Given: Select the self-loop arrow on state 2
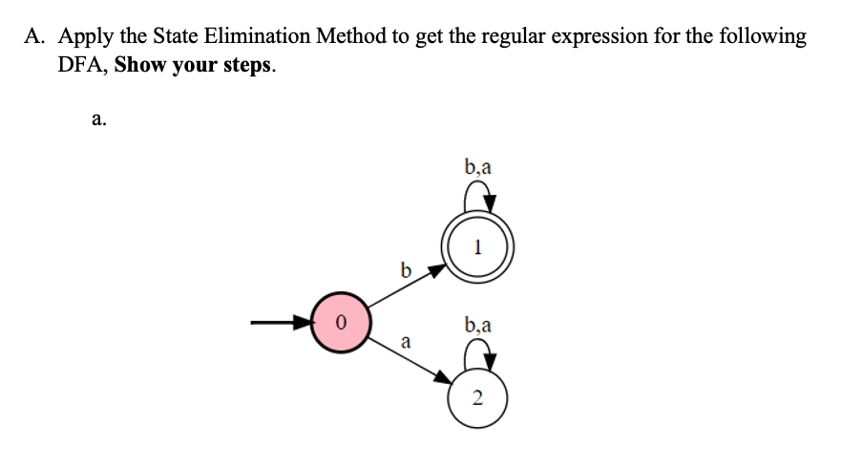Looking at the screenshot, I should point(478,355).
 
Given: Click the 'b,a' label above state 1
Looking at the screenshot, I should point(478,169).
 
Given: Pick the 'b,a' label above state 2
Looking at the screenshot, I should point(478,325).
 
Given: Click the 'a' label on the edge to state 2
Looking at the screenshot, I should point(406,340).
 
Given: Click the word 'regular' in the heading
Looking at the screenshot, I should point(513,36).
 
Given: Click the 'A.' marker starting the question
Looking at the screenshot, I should point(36,36).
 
